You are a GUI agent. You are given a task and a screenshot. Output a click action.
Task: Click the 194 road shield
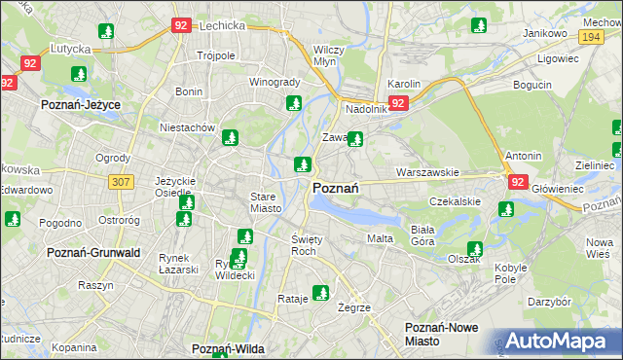[589, 36]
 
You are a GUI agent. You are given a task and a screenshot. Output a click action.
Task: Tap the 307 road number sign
[121, 181]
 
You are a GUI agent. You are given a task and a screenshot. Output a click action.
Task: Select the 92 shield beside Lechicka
[180, 26]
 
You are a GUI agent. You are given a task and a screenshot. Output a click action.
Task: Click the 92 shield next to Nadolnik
[397, 102]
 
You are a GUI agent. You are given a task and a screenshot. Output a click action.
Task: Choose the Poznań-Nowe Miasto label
[443, 335]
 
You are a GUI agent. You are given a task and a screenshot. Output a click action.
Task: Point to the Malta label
[380, 238]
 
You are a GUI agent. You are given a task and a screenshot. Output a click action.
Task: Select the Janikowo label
[545, 33]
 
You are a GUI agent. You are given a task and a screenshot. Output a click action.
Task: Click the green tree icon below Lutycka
[78, 73]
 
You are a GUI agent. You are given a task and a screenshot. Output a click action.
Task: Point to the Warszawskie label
[427, 172]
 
